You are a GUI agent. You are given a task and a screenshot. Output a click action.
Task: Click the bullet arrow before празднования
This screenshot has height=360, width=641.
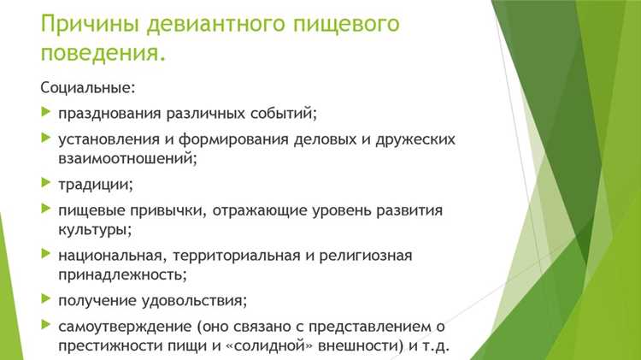pos(46,112)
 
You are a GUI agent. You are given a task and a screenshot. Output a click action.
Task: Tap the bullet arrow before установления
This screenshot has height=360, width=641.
pos(46,138)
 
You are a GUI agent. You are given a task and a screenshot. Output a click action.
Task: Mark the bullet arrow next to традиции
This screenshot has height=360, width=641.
pos(46,183)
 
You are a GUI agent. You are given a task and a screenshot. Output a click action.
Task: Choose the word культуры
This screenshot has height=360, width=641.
pos(92,229)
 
